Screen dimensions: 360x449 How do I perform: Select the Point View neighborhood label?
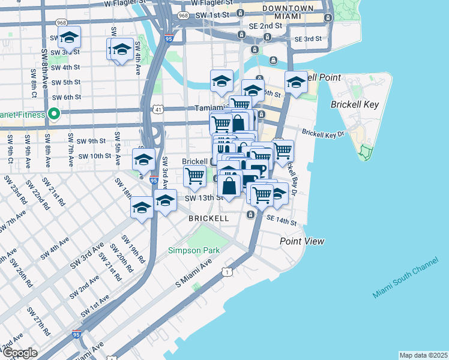302,241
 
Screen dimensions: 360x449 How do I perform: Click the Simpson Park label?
194,250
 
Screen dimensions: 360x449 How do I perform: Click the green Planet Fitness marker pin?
53,113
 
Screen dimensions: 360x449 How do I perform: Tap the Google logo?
20,353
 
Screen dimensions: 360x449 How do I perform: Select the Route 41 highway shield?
157,109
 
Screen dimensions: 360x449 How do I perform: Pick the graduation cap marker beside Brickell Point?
295,83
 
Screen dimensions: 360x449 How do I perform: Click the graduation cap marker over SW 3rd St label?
70,38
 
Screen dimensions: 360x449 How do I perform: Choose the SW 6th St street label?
66,97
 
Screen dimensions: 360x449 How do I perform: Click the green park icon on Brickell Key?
365,152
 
